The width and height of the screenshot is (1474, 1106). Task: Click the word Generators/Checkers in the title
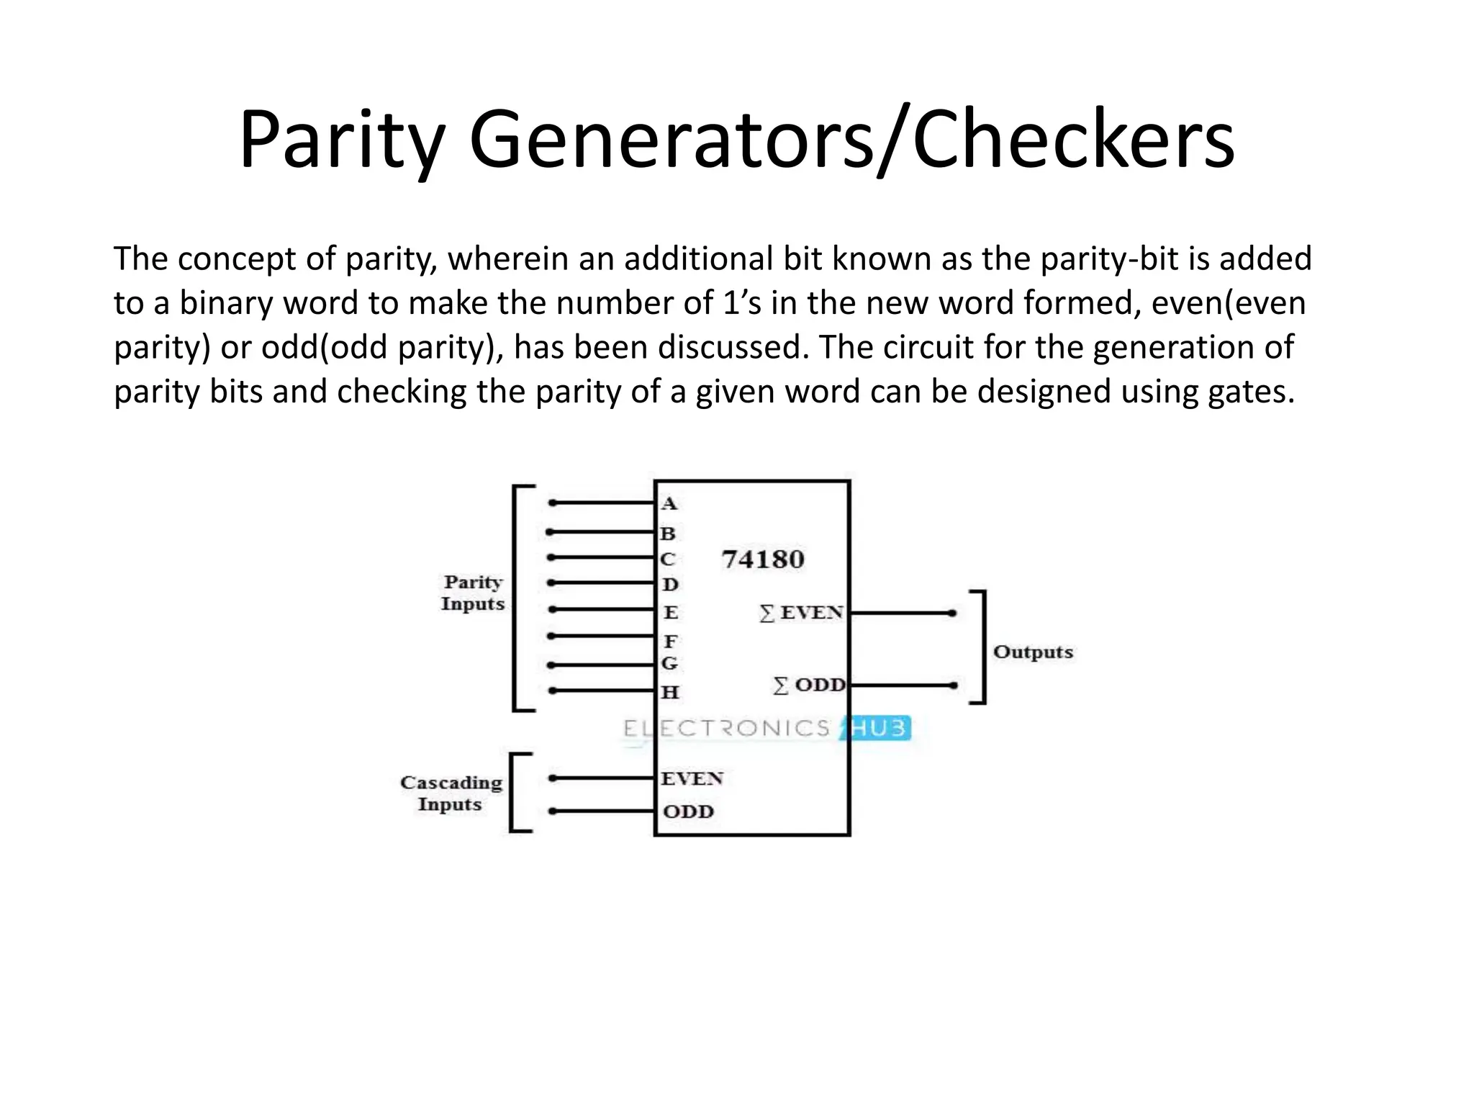tap(851, 138)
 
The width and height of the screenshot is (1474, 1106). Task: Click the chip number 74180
tap(762, 559)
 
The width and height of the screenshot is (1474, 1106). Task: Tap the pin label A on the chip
tap(669, 504)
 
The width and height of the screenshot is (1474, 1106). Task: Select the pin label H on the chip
tap(670, 693)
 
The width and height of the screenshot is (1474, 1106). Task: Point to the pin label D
tap(670, 584)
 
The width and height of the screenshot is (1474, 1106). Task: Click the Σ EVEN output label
tap(801, 613)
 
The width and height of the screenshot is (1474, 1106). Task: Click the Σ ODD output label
tap(809, 685)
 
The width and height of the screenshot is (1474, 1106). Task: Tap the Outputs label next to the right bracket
tap(1033, 652)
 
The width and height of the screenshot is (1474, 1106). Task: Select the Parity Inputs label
tap(473, 593)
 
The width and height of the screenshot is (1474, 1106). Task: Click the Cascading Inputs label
tap(451, 793)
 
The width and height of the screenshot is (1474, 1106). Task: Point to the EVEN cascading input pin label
tap(692, 778)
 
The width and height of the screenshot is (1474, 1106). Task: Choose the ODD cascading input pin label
tap(688, 811)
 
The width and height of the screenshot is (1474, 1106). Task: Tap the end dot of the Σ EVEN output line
tap(952, 613)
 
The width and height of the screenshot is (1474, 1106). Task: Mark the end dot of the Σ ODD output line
tap(953, 685)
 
